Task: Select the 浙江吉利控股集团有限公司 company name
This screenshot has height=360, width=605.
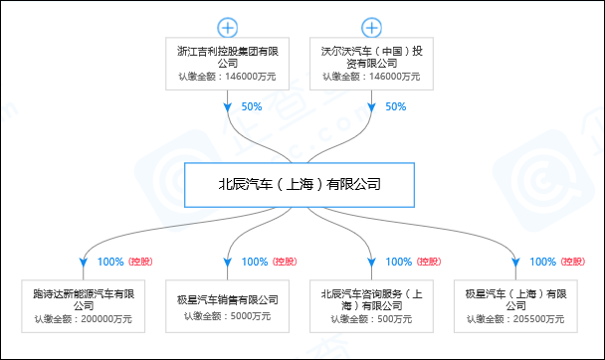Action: (x=228, y=55)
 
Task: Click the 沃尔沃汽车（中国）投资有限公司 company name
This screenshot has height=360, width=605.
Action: (x=371, y=55)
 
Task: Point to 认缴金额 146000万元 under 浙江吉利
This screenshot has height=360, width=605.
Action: (x=228, y=76)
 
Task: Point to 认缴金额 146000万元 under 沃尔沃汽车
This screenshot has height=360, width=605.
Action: (x=371, y=76)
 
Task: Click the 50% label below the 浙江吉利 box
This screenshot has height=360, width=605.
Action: (x=252, y=106)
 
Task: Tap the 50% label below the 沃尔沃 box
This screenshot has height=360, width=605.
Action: (x=395, y=106)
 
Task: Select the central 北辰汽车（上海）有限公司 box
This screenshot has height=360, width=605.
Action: (x=300, y=184)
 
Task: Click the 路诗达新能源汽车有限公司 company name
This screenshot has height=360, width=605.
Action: (x=85, y=298)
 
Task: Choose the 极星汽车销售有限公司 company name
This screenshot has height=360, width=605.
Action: (x=228, y=298)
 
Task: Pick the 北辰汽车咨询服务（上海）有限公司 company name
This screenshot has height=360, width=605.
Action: (x=371, y=298)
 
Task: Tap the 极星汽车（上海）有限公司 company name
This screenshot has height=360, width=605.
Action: (x=515, y=298)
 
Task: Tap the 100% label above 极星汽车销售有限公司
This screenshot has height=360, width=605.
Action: (x=255, y=262)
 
